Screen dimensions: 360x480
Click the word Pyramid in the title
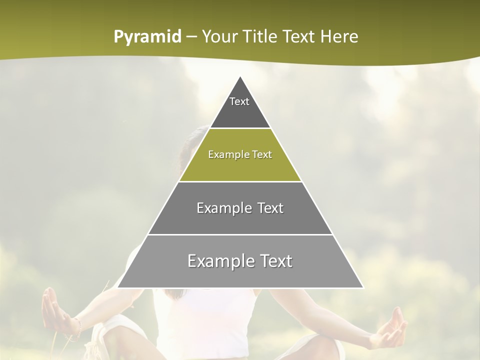[147, 37]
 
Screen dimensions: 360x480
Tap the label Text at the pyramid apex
[239, 101]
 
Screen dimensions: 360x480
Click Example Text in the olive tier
[240, 154]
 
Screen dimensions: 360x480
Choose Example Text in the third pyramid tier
[240, 208]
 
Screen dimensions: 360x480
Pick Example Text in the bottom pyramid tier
[240, 261]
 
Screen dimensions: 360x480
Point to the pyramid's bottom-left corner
[118, 287]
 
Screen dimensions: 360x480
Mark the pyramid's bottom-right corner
[362, 287]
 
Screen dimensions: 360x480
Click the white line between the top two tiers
[240, 128]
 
